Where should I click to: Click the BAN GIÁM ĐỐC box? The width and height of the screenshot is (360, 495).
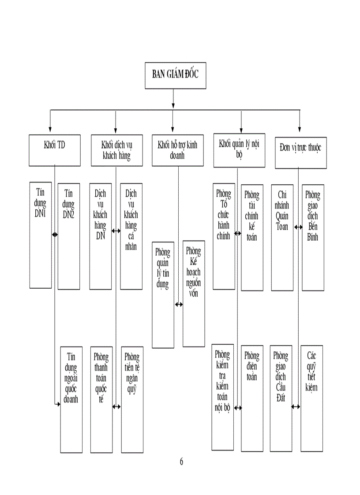(x=176, y=75)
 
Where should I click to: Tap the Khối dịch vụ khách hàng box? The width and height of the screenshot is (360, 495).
(x=116, y=150)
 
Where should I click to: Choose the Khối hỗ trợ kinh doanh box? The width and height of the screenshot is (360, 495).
(x=177, y=150)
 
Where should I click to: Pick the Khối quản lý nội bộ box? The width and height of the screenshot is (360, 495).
(x=239, y=150)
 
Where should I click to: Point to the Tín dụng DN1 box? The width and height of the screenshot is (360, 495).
(x=41, y=234)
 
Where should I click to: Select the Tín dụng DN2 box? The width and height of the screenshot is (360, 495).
(x=69, y=236)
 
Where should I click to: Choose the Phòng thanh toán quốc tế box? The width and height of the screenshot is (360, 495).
(x=101, y=399)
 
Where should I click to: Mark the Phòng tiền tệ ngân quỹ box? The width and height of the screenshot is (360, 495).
(x=131, y=399)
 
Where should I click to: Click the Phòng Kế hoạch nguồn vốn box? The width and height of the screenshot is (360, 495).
(x=193, y=293)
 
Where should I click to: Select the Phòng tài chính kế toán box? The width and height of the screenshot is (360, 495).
(x=252, y=238)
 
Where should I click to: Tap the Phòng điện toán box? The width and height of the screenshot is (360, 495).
(x=252, y=398)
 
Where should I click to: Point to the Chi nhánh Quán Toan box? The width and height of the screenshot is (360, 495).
(x=282, y=238)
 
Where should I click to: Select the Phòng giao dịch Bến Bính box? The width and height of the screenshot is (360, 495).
(x=313, y=238)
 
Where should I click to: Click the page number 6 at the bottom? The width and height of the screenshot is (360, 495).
(x=181, y=462)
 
